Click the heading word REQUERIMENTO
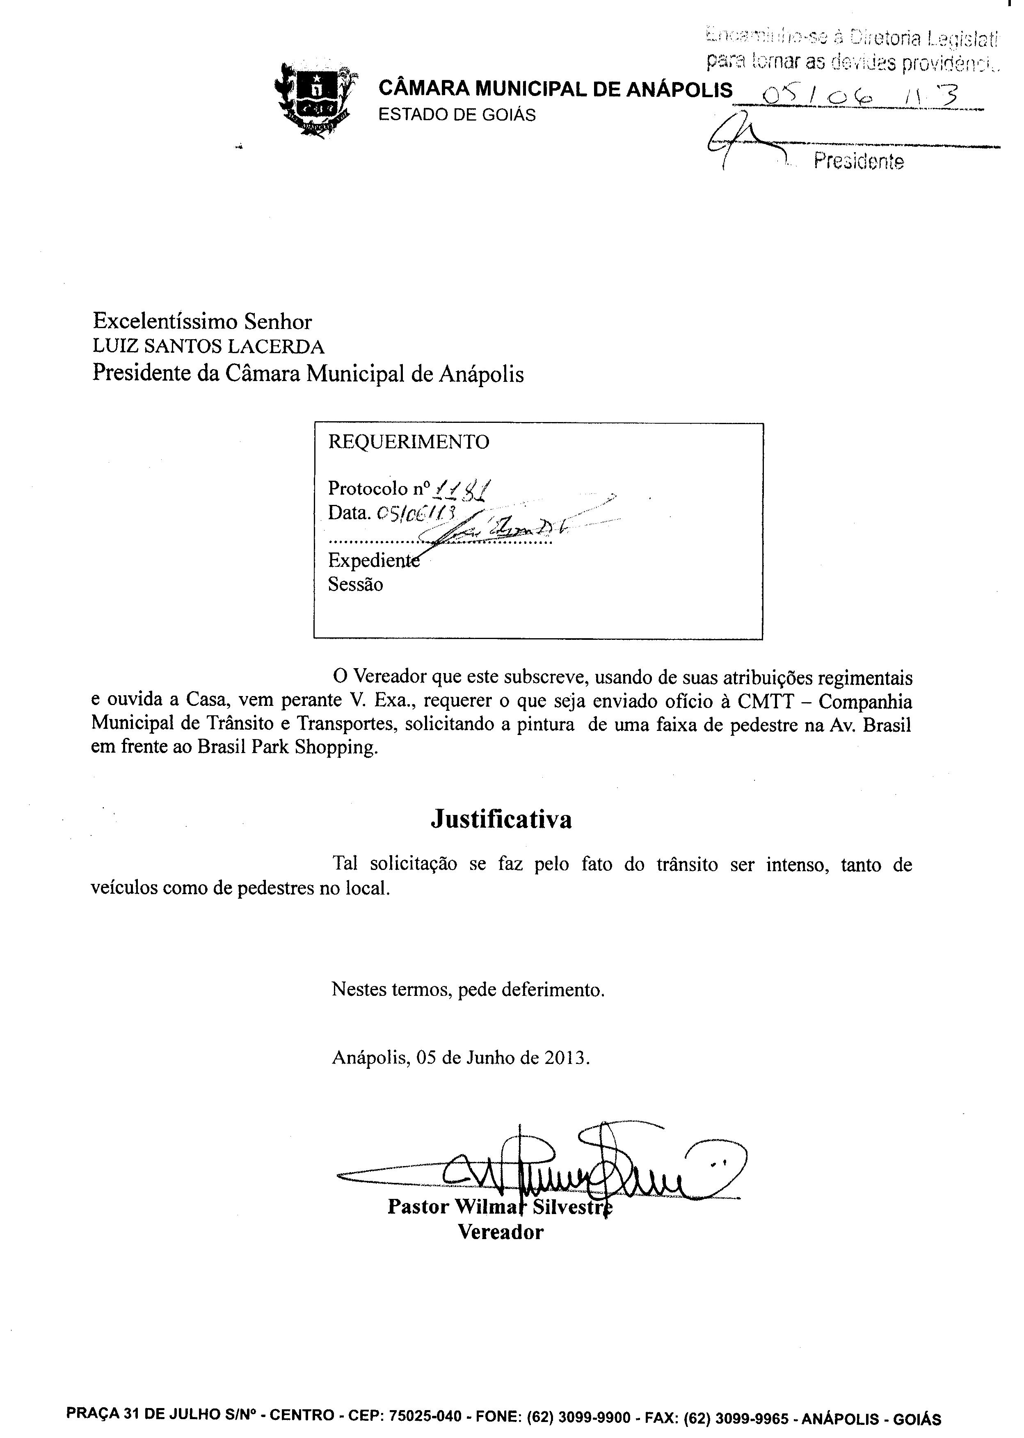409,442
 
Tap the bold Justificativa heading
501,819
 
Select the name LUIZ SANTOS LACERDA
209,347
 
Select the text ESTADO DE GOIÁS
457,115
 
